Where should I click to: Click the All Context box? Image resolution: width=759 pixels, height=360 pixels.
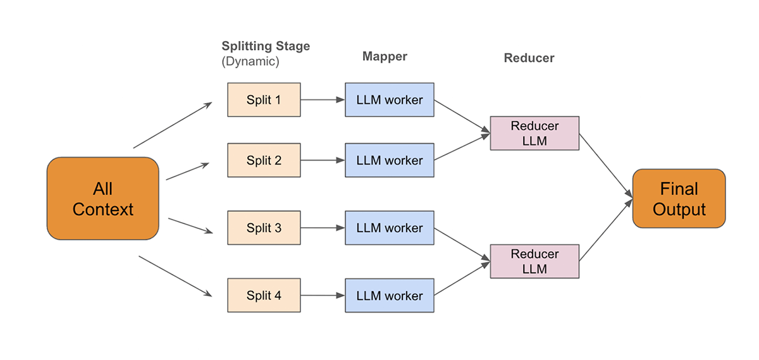pyautogui.click(x=102, y=199)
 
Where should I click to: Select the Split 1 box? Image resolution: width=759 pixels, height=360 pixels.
pyautogui.click(x=264, y=100)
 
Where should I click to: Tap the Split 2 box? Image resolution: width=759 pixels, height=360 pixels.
pyautogui.click(x=264, y=160)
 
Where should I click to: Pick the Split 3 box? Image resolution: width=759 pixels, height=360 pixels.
pyautogui.click(x=264, y=228)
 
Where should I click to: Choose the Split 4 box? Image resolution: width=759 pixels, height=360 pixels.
pyautogui.click(x=264, y=295)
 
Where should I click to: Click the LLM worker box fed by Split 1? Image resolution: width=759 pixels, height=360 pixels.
pyautogui.click(x=389, y=100)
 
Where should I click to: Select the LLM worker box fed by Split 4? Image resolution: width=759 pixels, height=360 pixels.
pyautogui.click(x=389, y=295)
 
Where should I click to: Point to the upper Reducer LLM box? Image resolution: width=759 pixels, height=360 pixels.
pyautogui.click(x=534, y=133)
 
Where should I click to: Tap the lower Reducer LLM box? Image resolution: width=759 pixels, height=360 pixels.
pyautogui.click(x=534, y=262)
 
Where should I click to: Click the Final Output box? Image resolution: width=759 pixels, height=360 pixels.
pyautogui.click(x=679, y=199)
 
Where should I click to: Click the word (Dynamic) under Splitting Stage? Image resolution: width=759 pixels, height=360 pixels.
pyautogui.click(x=250, y=62)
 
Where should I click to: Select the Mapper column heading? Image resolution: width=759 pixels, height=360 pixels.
pyautogui.click(x=385, y=56)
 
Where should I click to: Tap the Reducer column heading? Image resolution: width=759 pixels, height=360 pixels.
pyautogui.click(x=529, y=58)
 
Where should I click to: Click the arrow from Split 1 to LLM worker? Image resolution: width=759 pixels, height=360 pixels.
pyautogui.click(x=323, y=100)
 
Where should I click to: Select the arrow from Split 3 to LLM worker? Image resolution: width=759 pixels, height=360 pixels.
pyautogui.click(x=323, y=228)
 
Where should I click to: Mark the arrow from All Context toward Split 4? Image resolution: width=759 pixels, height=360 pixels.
pyautogui.click(x=175, y=276)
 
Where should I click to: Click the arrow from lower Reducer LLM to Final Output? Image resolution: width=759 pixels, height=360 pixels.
pyautogui.click(x=606, y=230)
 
